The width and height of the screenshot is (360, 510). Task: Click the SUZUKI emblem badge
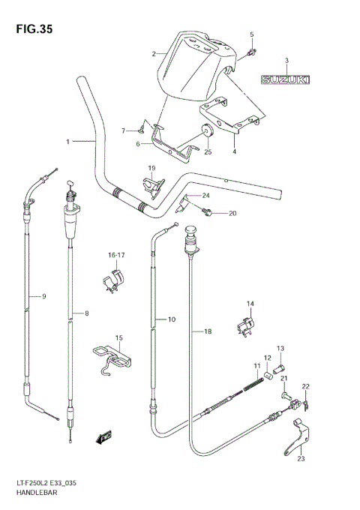tap(287, 79)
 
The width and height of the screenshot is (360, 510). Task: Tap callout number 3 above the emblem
tap(286, 60)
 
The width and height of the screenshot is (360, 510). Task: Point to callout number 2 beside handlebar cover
tap(154, 54)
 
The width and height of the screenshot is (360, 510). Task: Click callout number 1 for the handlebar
tap(67, 141)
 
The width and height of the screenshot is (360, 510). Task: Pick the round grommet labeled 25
tap(206, 133)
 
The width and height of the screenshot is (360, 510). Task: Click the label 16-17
tap(116, 256)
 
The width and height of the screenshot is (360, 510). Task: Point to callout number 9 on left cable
tap(43, 297)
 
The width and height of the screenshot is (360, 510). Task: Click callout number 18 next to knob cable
tap(208, 331)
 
